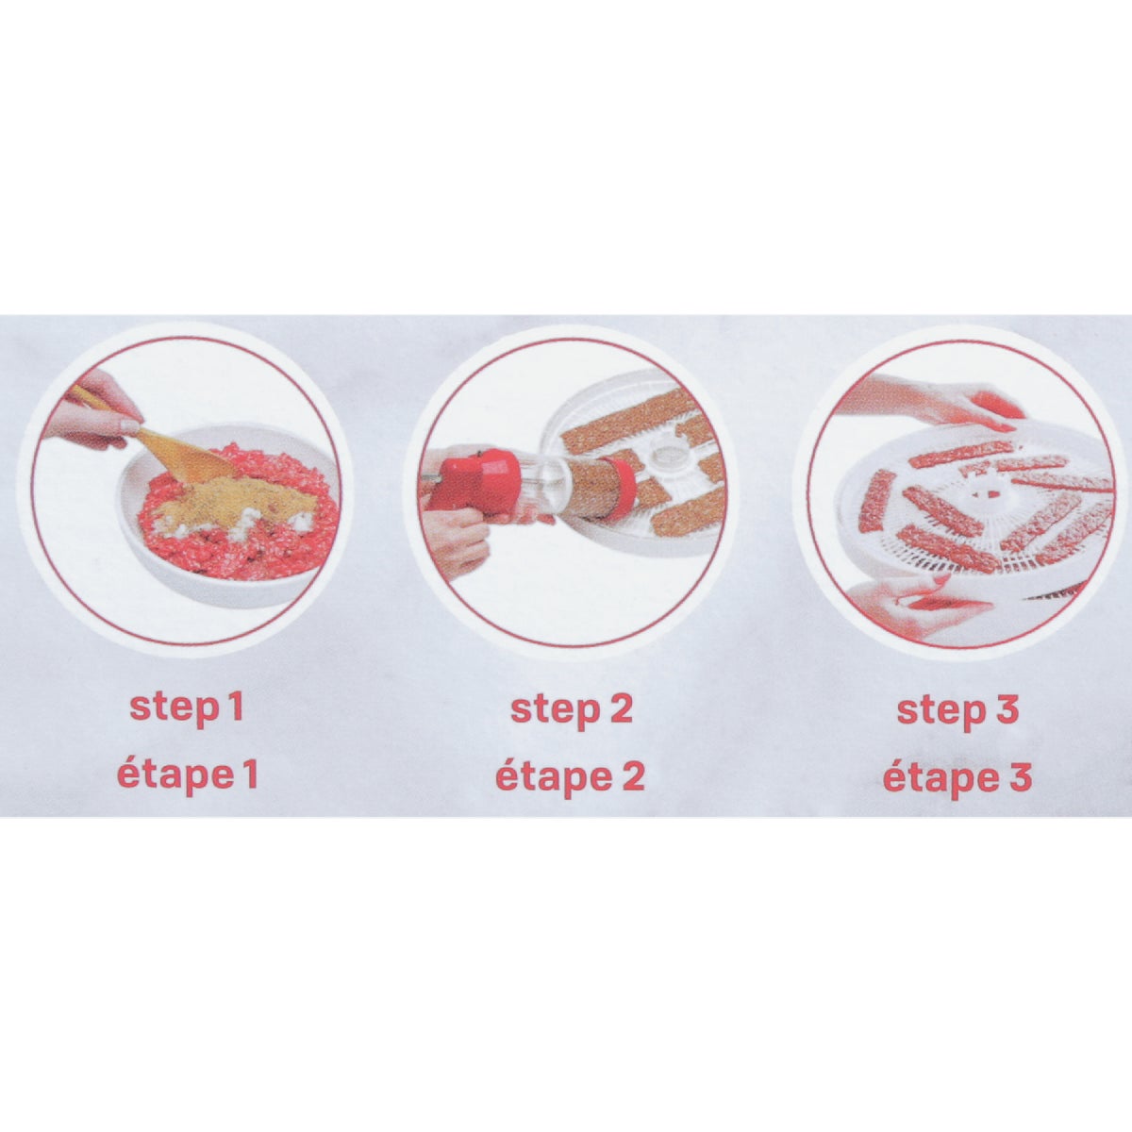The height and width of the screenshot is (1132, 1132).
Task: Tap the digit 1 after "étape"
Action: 249,774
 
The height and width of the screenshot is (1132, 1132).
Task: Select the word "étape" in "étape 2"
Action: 547,777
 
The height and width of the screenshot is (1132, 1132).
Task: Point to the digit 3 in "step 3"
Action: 1007,709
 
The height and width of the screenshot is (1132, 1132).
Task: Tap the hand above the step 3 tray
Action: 934,398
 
